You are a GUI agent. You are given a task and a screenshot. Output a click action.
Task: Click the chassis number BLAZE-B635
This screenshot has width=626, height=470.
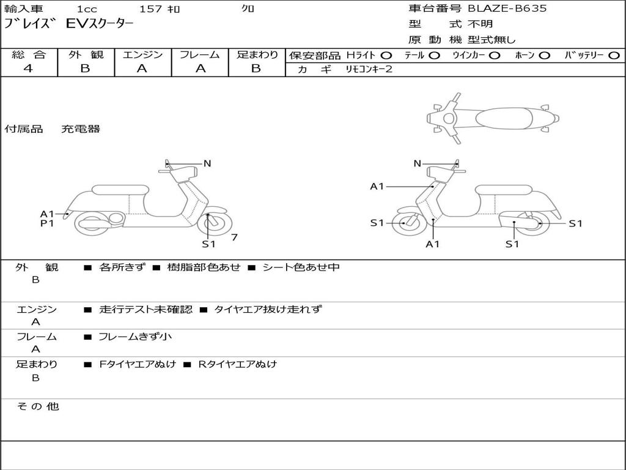pos(507,9)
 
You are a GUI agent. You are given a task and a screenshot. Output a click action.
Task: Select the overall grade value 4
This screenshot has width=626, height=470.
pos(28,69)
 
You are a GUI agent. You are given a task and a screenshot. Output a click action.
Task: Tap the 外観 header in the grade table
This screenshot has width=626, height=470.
pos(86,54)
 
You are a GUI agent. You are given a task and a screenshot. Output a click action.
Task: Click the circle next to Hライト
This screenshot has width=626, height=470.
pos(386,56)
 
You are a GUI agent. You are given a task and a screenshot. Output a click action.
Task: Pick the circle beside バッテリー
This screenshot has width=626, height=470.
pos(614,56)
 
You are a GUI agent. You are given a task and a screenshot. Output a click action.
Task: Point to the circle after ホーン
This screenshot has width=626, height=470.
pos(544,56)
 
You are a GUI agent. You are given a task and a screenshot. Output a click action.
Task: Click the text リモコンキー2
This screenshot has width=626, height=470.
pos(369,69)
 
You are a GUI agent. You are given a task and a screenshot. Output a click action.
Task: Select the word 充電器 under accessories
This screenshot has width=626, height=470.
pos(81,129)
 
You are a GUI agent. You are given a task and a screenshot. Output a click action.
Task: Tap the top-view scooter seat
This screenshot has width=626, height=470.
pos(504,118)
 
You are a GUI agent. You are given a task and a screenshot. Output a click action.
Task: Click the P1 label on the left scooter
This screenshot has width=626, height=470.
pos(47,223)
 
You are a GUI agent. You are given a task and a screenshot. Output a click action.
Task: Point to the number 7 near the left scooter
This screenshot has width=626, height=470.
pos(234,237)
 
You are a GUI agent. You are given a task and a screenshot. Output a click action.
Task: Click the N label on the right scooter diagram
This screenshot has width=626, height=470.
pos(417,163)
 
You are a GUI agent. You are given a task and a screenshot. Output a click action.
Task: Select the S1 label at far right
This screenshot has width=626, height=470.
pos(575,224)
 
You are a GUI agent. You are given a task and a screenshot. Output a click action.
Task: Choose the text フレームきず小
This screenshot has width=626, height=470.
pos(135,337)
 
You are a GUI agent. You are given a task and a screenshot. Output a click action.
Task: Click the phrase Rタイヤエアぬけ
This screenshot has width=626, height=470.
pos(238,364)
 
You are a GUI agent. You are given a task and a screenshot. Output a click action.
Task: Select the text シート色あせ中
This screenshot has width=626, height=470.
pos(301,267)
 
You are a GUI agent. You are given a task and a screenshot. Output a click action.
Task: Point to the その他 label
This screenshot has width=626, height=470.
pos(38,406)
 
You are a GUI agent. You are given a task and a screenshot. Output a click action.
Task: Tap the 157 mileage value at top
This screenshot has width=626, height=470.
pos(151,9)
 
